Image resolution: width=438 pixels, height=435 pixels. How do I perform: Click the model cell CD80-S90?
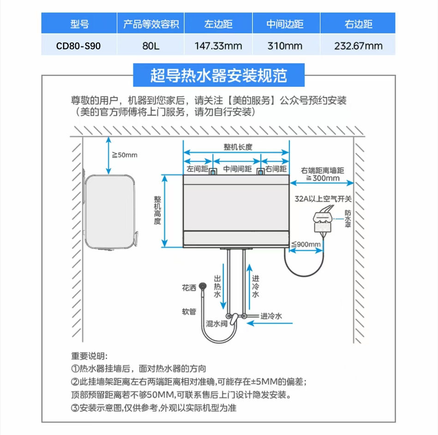(78, 46)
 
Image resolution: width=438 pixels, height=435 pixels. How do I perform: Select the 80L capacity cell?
(150, 46)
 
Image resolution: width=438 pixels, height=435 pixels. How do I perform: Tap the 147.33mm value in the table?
(218, 46)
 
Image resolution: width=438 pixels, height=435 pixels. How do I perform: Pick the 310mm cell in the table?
(286, 46)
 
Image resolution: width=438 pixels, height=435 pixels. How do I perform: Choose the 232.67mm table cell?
(358, 46)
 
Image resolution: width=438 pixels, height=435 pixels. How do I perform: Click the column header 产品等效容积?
(150, 24)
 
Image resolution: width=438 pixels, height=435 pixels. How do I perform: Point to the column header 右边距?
(358, 24)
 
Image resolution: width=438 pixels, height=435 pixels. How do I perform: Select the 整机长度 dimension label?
(238, 147)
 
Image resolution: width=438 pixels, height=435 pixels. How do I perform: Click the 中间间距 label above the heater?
(237, 170)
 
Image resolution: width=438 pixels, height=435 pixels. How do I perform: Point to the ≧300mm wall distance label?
(323, 178)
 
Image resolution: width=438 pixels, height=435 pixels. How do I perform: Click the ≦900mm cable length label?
(306, 244)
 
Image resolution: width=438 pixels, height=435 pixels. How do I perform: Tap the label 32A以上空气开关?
(324, 199)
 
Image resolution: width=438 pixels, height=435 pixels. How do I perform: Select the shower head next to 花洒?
(202, 287)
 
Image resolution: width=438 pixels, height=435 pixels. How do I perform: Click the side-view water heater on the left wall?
(109, 212)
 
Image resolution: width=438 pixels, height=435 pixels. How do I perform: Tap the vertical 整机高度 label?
(158, 210)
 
